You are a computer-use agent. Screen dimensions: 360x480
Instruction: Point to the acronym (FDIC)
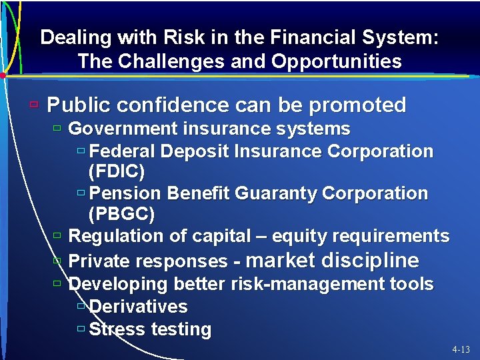pos(117,172)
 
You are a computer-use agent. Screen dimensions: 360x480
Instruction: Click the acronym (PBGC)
pos(121,215)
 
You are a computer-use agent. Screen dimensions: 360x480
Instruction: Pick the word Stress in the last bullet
pos(117,329)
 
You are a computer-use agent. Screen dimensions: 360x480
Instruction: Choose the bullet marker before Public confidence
pos(34,105)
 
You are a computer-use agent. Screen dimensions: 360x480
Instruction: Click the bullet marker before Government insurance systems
pos(58,128)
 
